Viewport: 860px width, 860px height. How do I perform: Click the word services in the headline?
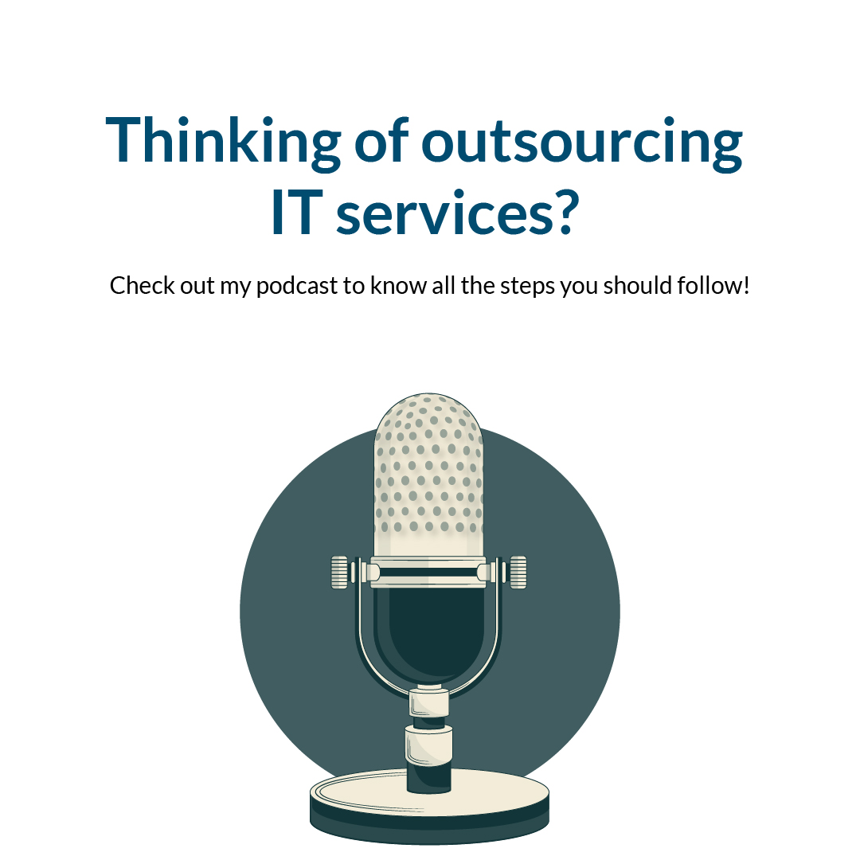tap(436, 215)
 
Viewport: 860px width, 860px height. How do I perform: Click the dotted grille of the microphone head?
tap(429, 470)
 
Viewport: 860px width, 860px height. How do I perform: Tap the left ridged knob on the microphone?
tap(341, 573)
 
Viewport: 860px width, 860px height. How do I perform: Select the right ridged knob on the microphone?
tap(518, 573)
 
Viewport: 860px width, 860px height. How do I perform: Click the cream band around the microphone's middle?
tap(429, 572)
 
